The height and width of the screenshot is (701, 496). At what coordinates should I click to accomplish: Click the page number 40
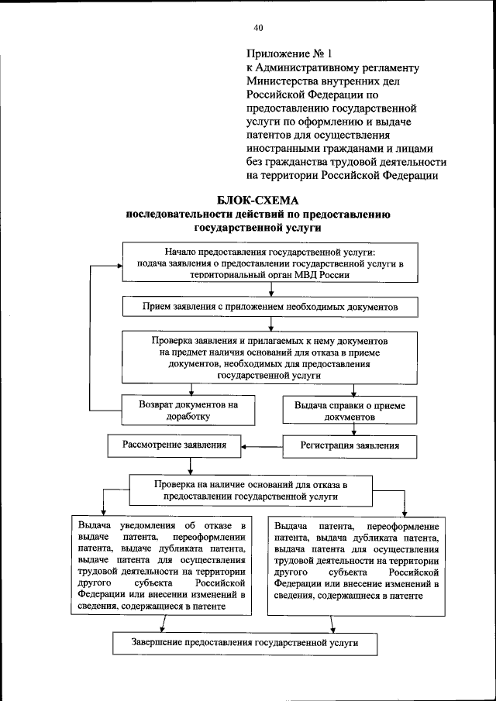tap(258, 29)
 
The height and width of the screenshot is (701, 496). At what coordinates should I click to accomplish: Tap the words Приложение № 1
tap(288, 54)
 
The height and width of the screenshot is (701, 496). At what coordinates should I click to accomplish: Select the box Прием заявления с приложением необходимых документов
tap(270, 307)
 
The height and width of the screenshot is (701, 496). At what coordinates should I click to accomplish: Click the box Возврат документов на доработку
tap(188, 410)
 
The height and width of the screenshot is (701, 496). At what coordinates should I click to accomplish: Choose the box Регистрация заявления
tap(350, 446)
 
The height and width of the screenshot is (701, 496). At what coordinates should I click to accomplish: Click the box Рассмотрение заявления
tap(174, 446)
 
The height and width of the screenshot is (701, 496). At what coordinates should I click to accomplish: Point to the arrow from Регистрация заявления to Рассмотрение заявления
tap(260, 447)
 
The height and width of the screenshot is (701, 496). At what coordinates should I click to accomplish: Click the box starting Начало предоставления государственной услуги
tap(270, 263)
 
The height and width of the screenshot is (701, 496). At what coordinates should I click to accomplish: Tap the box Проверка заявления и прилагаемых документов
tap(270, 356)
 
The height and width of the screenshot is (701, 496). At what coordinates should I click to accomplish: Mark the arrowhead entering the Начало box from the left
tap(119, 265)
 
